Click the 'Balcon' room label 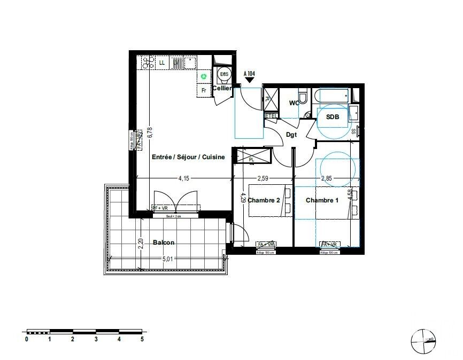pos(164,242)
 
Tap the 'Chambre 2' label pos(264,200)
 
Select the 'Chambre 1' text pos(322,200)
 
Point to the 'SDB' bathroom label pos(333,117)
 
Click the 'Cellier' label pos(222,88)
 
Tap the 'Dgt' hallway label pos(291,135)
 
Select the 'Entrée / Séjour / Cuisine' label pos(188,158)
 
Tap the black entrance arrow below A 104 pos(250,80)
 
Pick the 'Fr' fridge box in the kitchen pos(204,91)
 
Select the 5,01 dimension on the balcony pos(167,260)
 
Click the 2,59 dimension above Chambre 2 pos(263,178)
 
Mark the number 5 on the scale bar pos(142,339)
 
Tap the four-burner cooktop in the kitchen pos(147,63)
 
